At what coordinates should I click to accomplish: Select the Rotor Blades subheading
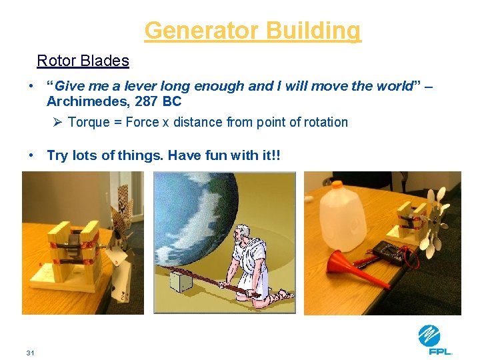tap(83, 61)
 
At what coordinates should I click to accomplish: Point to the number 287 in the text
tap(141, 102)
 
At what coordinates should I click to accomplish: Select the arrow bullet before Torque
tap(57, 122)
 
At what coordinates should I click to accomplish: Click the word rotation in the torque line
tap(325, 122)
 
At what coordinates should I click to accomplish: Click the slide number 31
tap(31, 352)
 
